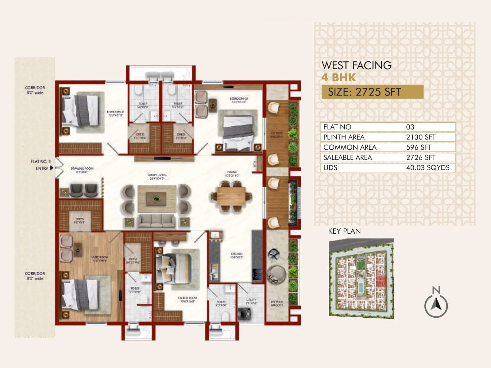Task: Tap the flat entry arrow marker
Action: pos(52,168)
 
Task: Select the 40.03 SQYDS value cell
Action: pos(427,167)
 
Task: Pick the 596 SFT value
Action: pos(419,147)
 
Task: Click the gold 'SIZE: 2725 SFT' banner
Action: pos(372,92)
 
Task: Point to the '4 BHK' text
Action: pos(338,78)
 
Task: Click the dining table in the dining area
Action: pos(231,196)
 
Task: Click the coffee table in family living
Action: pos(157,199)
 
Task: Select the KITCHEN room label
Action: pos(237,255)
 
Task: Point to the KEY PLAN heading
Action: pos(344,231)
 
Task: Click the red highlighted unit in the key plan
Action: pos(381,281)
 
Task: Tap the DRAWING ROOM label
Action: pos(82,170)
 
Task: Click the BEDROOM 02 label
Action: pos(238,100)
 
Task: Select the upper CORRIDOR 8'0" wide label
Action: pos(35,90)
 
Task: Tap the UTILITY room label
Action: pos(251,301)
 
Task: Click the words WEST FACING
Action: pos(356,65)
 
